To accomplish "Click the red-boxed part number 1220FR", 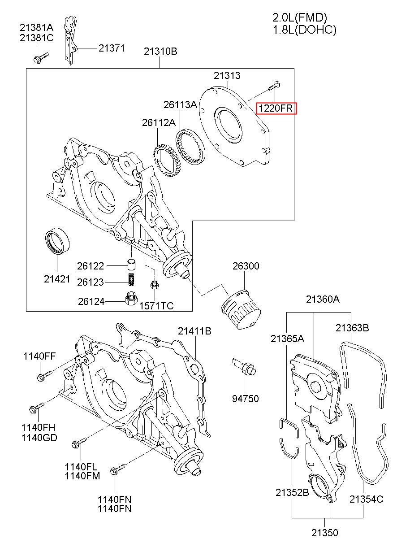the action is [x=276, y=108].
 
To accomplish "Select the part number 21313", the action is [x=227, y=75].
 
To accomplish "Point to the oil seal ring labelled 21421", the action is [x=57, y=241].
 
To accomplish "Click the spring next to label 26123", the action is [x=131, y=279].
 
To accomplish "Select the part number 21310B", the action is [x=160, y=52].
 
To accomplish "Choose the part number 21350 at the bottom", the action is [x=324, y=533].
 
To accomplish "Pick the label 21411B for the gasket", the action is [x=194, y=331].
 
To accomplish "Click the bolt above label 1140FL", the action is [x=79, y=442].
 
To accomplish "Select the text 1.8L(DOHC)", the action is [x=305, y=30].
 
